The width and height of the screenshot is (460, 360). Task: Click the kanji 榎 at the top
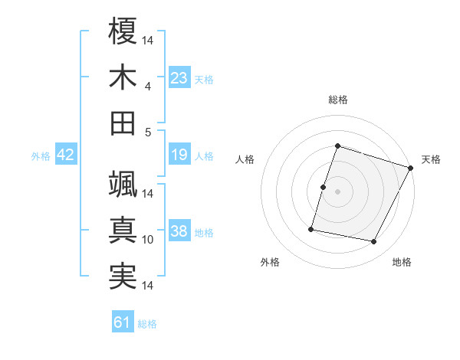click(123, 31)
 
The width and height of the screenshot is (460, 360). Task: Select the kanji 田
click(123, 123)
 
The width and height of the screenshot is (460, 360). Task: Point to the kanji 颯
click(123, 183)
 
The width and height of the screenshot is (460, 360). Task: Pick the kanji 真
click(123, 230)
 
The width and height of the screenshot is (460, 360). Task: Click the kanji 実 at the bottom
click(123, 276)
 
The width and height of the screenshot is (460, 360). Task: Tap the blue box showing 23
click(179, 78)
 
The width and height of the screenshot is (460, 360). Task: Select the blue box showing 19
click(179, 155)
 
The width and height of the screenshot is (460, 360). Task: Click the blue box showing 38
click(179, 232)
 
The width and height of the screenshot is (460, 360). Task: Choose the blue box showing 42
click(66, 155)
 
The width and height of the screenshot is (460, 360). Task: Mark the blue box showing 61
click(123, 323)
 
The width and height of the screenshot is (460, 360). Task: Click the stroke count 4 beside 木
click(147, 86)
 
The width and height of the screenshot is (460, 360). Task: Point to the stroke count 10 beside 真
click(148, 240)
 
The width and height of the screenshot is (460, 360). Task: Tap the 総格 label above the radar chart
click(338, 100)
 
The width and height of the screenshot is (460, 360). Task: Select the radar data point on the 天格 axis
click(411, 168)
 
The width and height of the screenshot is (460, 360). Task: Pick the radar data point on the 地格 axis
click(374, 242)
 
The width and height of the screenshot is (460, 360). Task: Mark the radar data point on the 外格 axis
click(311, 228)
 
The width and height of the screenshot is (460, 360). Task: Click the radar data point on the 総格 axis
click(337, 146)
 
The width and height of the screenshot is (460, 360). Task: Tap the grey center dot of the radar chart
click(337, 191)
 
